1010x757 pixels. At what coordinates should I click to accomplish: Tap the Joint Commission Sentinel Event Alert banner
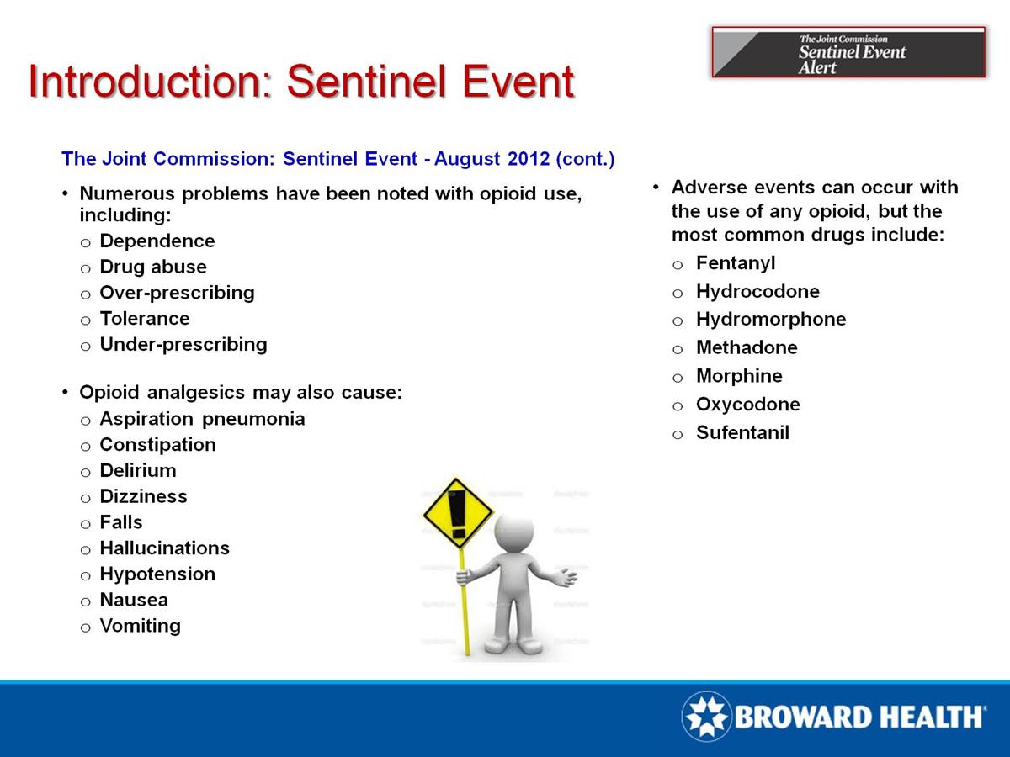pyautogui.click(x=848, y=52)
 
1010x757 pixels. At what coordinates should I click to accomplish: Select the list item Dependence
pyautogui.click(x=157, y=241)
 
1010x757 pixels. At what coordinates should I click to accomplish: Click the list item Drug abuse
pyautogui.click(x=152, y=267)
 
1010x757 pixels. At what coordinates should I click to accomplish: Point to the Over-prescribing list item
pyautogui.click(x=177, y=293)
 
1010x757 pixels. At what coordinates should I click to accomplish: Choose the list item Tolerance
pyautogui.click(x=144, y=319)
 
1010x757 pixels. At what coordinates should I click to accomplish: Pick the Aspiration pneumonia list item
pyautogui.click(x=202, y=419)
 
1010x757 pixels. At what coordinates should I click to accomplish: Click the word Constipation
pyautogui.click(x=157, y=445)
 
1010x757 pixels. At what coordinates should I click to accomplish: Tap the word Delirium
pyautogui.click(x=138, y=471)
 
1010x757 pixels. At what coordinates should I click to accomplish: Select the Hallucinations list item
pyautogui.click(x=164, y=548)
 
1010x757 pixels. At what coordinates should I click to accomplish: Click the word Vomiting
pyautogui.click(x=140, y=626)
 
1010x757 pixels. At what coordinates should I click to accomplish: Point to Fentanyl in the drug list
pyautogui.click(x=735, y=263)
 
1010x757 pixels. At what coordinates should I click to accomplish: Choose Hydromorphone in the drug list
pyautogui.click(x=770, y=320)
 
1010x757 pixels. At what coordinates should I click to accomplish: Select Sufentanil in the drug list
pyautogui.click(x=742, y=434)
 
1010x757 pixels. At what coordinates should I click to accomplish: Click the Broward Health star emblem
pyautogui.click(x=706, y=717)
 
